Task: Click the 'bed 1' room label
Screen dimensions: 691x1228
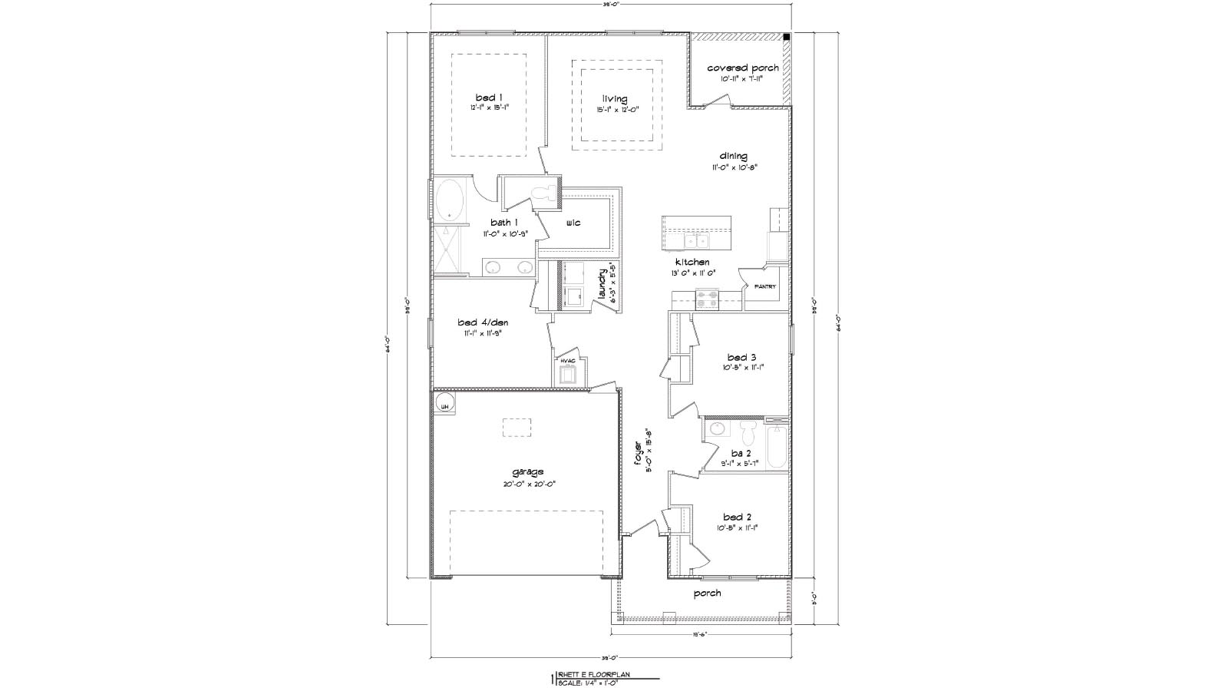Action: click(489, 98)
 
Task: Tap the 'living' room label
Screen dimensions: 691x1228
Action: click(614, 99)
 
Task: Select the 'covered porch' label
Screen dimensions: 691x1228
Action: click(742, 68)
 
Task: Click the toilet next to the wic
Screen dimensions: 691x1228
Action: click(546, 193)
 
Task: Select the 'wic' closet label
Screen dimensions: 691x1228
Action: click(573, 223)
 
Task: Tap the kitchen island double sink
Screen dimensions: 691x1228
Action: click(698, 242)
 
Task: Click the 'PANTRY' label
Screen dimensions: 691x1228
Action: click(764, 286)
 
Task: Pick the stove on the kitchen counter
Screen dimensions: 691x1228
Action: click(707, 299)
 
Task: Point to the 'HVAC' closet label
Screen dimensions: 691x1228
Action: click(568, 360)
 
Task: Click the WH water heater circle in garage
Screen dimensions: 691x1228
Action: click(444, 405)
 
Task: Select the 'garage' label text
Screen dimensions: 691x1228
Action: click(528, 471)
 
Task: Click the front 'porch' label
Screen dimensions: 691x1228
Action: click(707, 593)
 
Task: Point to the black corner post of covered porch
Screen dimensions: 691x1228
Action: click(787, 37)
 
